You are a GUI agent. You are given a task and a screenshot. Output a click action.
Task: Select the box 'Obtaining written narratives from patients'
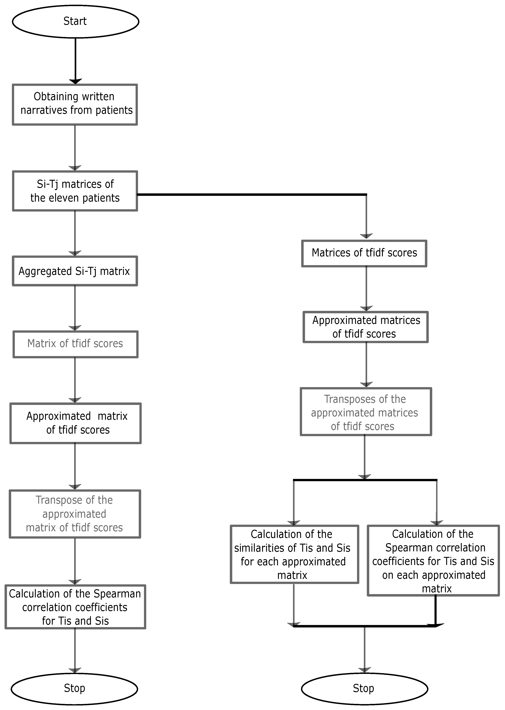coord(75,105)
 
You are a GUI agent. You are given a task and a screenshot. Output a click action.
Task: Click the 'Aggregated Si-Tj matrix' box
coord(75,271)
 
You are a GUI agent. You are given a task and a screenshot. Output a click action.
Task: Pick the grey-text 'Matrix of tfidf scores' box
coord(75,344)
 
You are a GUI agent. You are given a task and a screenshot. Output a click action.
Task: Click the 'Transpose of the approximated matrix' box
coord(75,514)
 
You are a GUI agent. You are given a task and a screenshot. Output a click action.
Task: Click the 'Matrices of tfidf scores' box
coord(364,253)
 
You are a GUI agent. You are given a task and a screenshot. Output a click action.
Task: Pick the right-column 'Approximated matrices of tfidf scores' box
coord(366,327)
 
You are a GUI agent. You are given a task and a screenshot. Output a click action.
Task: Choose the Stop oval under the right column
coord(365,689)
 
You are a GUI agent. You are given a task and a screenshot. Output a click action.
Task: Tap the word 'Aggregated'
coord(45,271)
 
